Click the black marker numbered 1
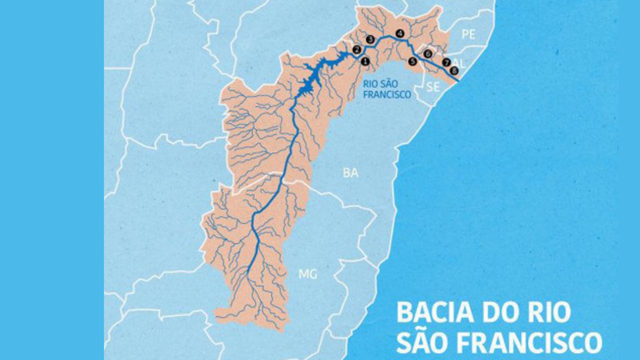pyautogui.click(x=365, y=61)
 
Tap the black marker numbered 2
pyautogui.click(x=356, y=49)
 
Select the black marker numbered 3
pyautogui.click(x=370, y=39)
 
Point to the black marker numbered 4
pyautogui.click(x=399, y=33)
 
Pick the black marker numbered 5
pyautogui.click(x=412, y=61)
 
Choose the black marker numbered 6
pyautogui.click(x=427, y=53)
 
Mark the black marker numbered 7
pyautogui.click(x=446, y=63)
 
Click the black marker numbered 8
pyautogui.click(x=454, y=70)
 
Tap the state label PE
pyautogui.click(x=468, y=34)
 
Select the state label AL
pyautogui.click(x=460, y=63)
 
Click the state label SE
pyautogui.click(x=433, y=87)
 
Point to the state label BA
pyautogui.click(x=350, y=173)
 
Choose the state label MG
pyautogui.click(x=307, y=274)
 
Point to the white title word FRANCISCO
pyautogui.click(x=531, y=342)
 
